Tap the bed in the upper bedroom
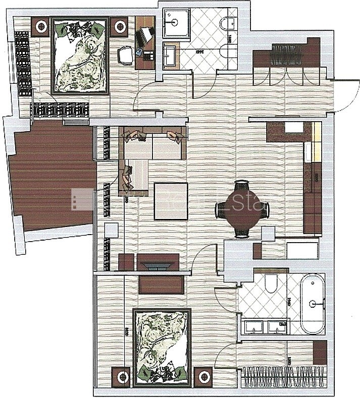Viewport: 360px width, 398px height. coord(80,56)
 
